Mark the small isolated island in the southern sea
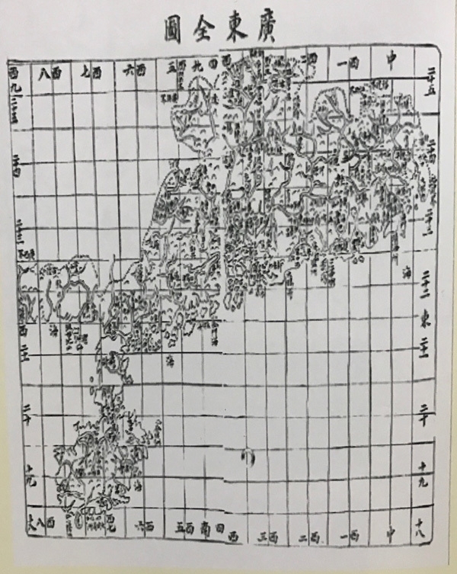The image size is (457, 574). coord(248,456)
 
